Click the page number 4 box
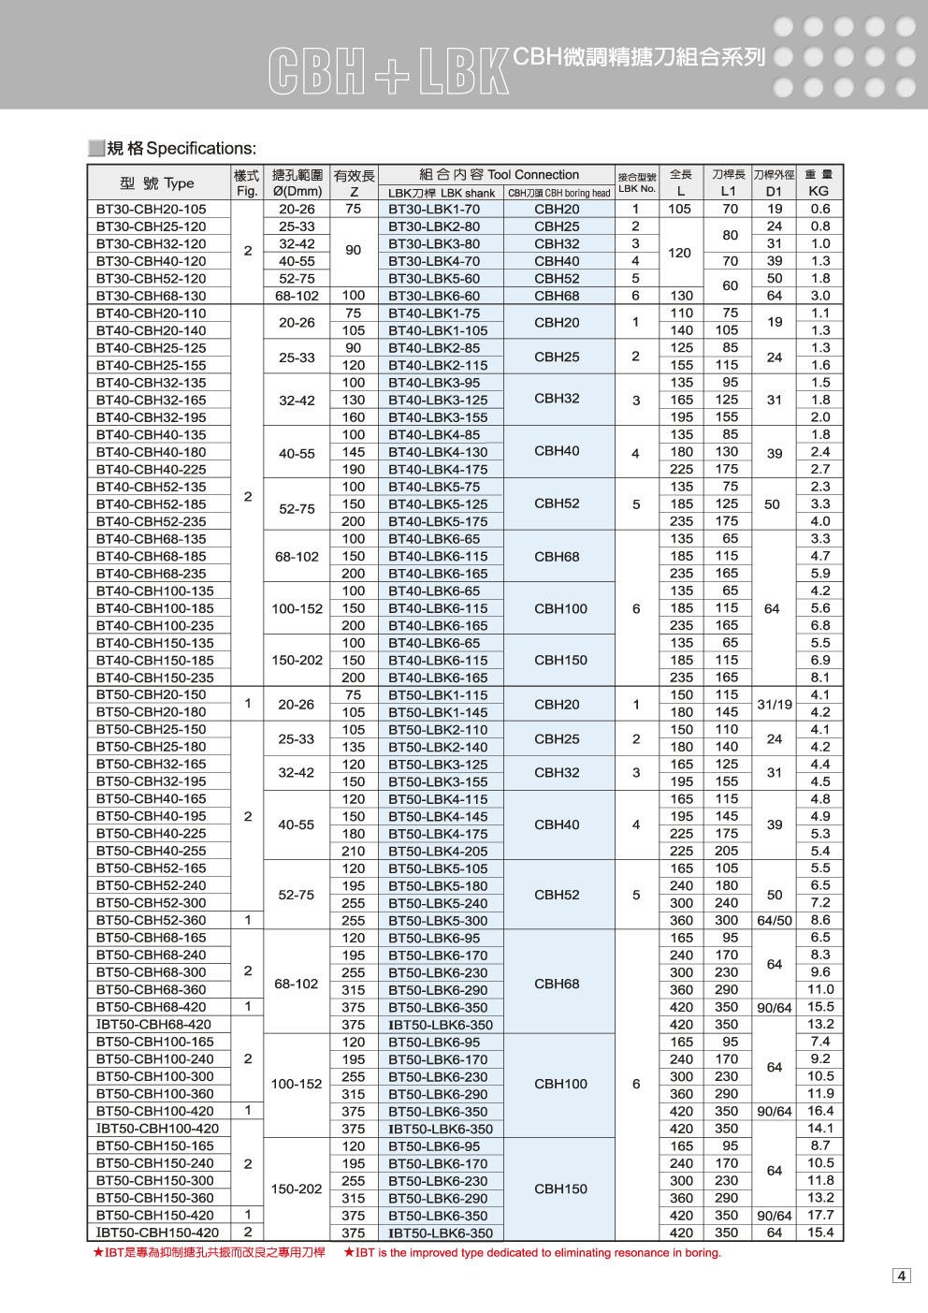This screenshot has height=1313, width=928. [x=902, y=1276]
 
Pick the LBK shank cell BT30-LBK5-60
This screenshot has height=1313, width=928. [x=433, y=279]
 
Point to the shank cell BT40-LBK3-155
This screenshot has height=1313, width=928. [x=438, y=417]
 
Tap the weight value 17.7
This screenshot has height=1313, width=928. [x=819, y=1215]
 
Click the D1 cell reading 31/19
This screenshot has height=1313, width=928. [x=773, y=703]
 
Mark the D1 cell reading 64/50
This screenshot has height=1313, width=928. [x=773, y=920]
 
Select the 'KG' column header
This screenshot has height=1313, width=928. [x=819, y=192]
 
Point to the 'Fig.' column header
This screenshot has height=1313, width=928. [x=247, y=192]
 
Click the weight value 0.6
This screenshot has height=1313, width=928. [x=819, y=210]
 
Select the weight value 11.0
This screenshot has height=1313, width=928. [x=819, y=989]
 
